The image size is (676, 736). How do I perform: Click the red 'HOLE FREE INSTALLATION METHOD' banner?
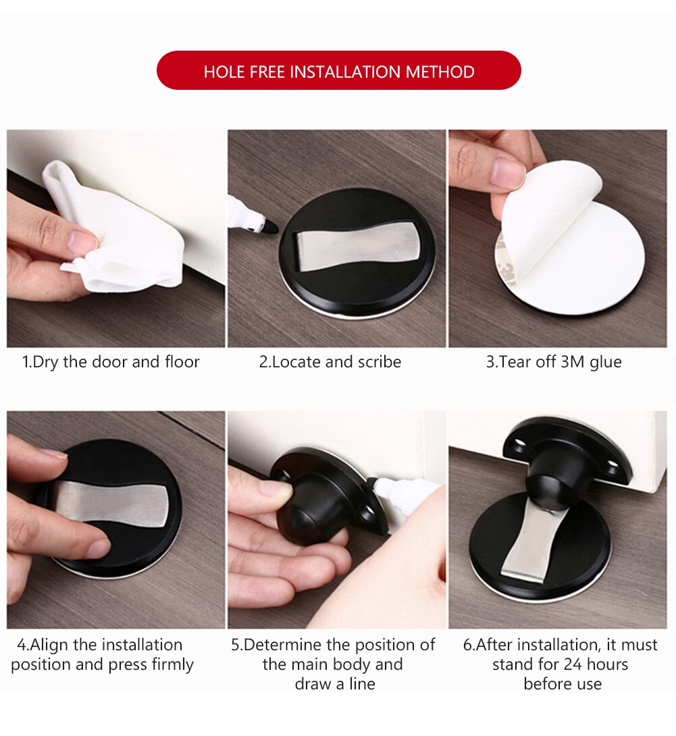click(338, 71)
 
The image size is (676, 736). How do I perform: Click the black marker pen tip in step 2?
click(269, 228)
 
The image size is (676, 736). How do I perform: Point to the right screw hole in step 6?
click(615, 465)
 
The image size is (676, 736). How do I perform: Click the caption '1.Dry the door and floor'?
click(111, 362)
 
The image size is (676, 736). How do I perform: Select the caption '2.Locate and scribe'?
click(330, 362)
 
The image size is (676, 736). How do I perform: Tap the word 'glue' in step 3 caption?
click(605, 362)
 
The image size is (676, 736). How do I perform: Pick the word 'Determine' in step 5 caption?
click(283, 645)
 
